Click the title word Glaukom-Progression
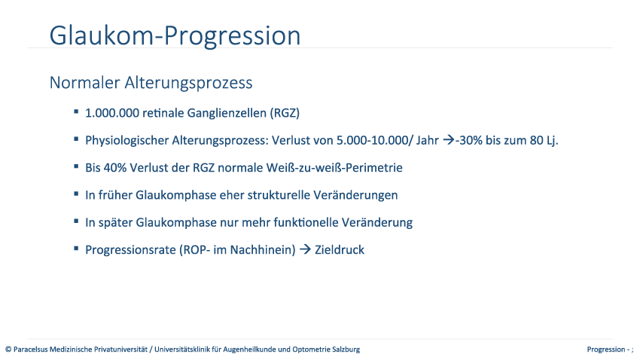point(175,35)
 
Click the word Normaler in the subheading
point(84,82)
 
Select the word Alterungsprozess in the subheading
point(188,84)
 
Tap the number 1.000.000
point(112,113)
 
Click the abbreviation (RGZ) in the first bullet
point(285,113)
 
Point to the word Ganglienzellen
point(227,113)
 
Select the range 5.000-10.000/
point(374,140)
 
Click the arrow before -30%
point(449,140)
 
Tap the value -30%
point(468,140)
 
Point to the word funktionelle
point(306,222)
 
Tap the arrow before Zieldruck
point(305,249)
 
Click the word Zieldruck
point(339,250)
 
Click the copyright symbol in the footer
point(8,349)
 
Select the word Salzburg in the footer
point(346,349)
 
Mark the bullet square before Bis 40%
point(76,166)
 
